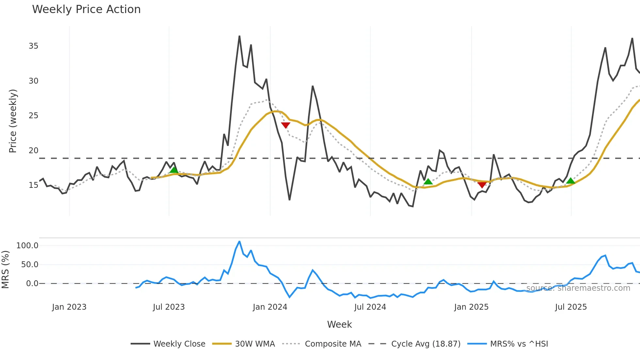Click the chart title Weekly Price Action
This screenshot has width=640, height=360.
[x=86, y=9]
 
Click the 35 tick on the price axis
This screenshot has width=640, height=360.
[x=33, y=46]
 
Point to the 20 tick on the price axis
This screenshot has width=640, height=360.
[x=33, y=151]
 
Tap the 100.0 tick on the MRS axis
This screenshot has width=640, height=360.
[x=27, y=246]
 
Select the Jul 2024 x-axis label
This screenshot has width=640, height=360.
[x=370, y=307]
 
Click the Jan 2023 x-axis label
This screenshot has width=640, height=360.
[x=69, y=307]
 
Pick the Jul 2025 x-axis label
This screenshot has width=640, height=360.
[x=571, y=307]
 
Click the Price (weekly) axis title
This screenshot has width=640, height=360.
[x=13, y=121]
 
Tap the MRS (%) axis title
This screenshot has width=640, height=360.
[x=5, y=270]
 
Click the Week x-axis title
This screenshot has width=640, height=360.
[x=339, y=324]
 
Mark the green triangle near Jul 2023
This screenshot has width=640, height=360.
[x=174, y=170]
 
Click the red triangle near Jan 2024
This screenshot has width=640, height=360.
[x=286, y=125]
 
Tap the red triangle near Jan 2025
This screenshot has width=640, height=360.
[x=482, y=185]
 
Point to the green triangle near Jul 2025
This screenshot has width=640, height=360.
[x=570, y=181]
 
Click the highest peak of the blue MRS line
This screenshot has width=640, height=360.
[x=239, y=242]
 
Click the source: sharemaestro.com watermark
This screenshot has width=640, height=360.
[x=578, y=288]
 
